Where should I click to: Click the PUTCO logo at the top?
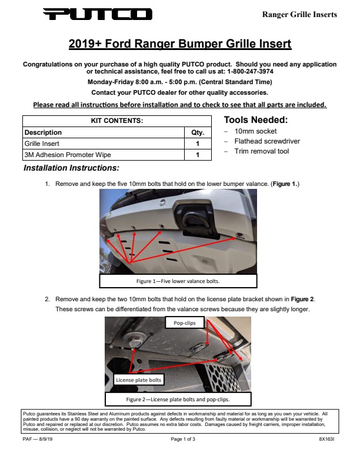98,14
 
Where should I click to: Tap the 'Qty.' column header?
198,132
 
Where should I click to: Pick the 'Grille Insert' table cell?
42,144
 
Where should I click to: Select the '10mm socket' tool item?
255,131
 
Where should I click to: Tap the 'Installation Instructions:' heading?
72,168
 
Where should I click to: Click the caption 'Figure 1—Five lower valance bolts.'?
178,281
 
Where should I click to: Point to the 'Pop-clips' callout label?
185,323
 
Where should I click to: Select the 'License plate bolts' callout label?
138,380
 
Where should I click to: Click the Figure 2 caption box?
178,398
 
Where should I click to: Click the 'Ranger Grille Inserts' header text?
299,14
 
